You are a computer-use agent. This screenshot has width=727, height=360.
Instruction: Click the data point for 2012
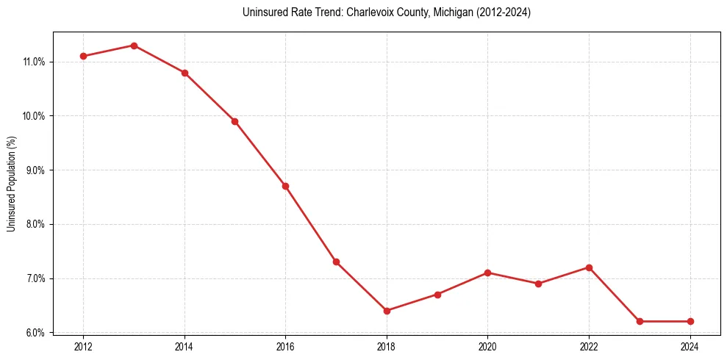point(83,56)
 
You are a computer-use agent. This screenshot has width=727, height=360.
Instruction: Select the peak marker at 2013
point(134,46)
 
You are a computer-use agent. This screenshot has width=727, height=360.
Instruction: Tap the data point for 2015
point(234,121)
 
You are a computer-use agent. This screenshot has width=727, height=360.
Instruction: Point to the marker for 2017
point(336,262)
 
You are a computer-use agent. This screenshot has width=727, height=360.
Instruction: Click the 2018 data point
point(387,311)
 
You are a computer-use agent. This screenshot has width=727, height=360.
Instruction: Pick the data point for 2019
point(437,295)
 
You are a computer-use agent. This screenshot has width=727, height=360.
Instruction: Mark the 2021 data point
point(538,284)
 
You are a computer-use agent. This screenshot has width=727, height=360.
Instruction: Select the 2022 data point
point(589,267)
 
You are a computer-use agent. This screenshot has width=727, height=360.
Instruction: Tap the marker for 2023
point(640,321)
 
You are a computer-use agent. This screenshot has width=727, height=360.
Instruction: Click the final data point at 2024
point(690,321)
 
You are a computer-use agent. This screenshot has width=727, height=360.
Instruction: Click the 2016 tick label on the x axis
point(285,347)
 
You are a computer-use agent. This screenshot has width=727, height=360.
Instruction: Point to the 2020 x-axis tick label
point(487,347)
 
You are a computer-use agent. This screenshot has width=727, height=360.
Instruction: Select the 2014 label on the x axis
point(185,347)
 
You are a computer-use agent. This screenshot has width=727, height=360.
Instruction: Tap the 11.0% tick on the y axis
point(34,62)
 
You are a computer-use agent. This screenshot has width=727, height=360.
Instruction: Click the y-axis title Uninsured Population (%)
point(12,184)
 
